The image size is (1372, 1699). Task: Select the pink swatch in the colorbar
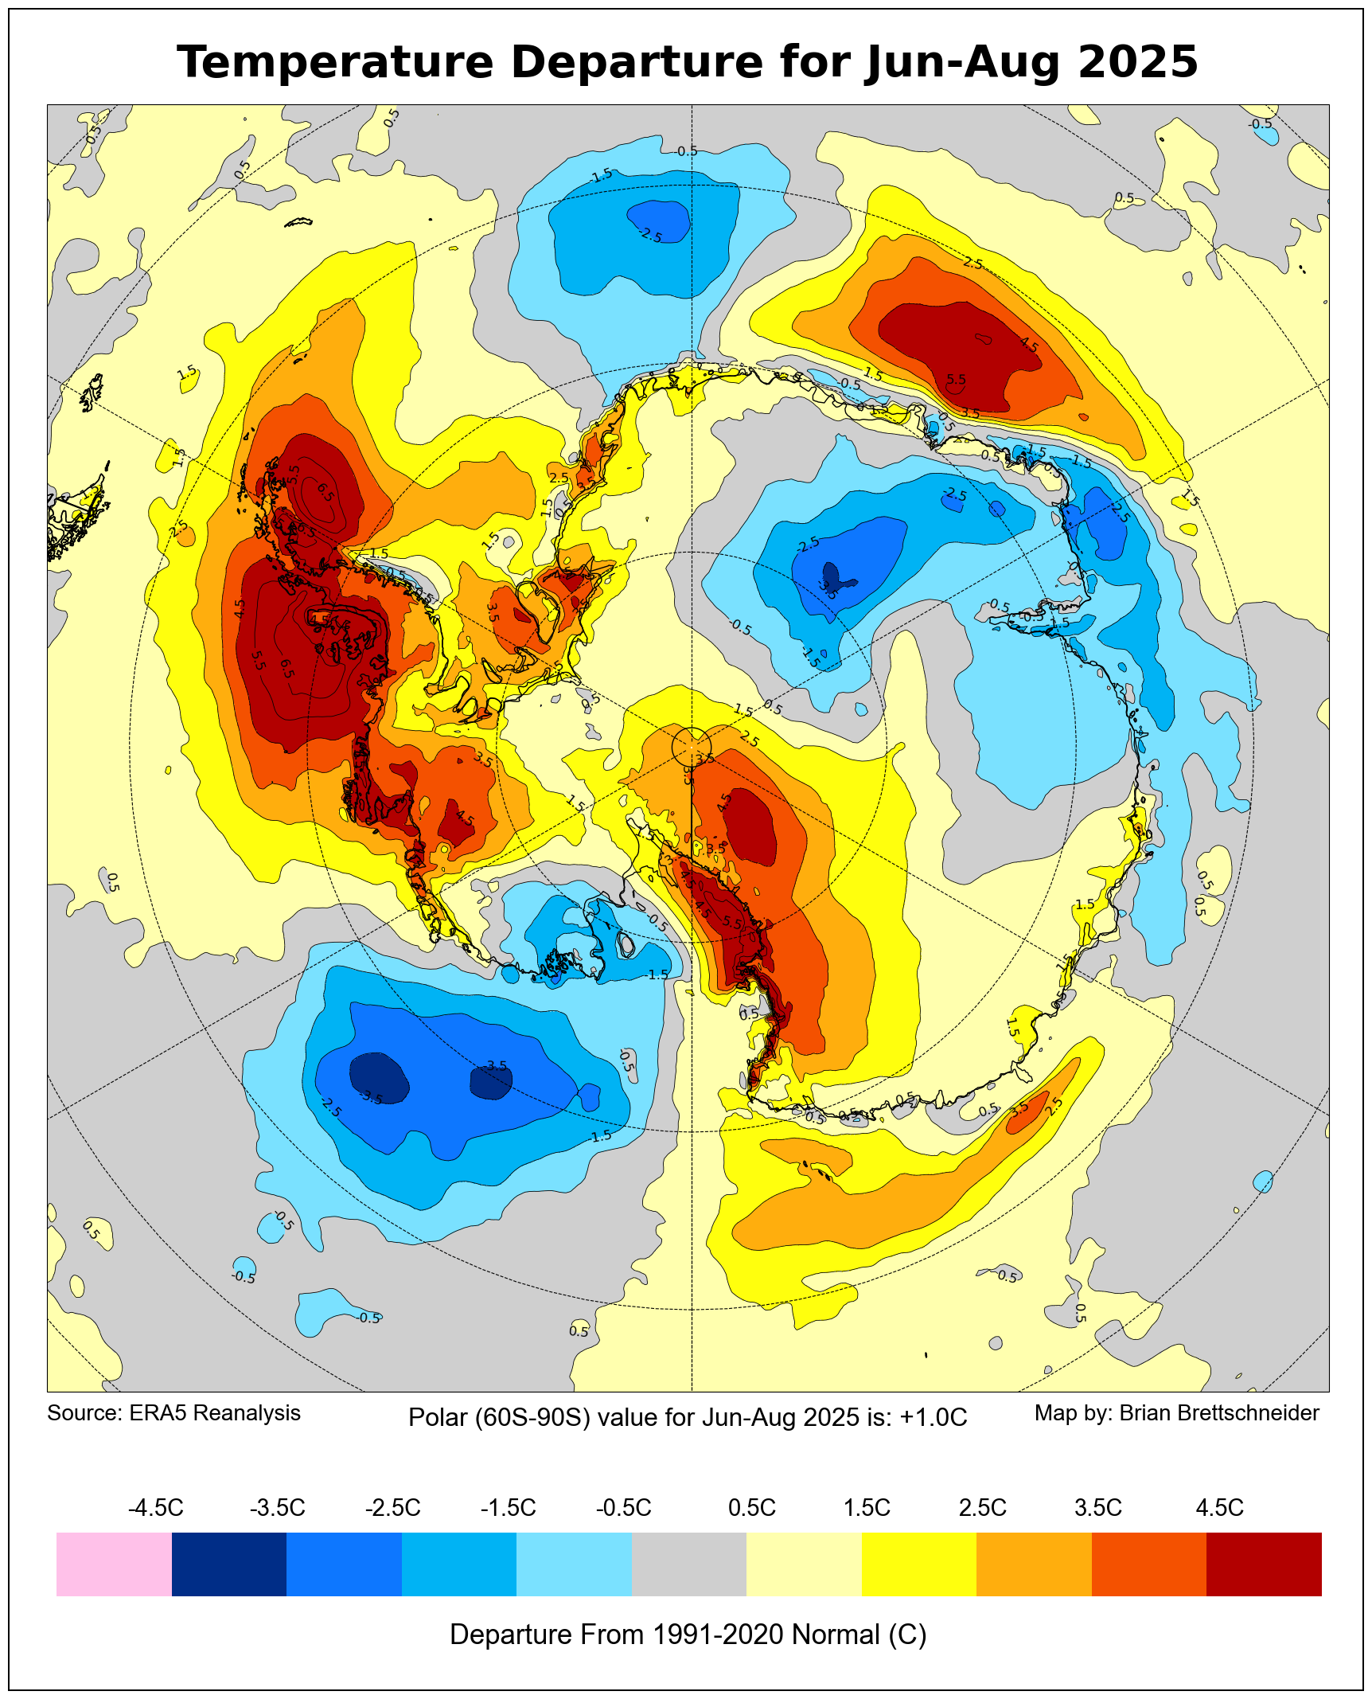tap(114, 1564)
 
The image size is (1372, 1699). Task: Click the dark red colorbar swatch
tap(1264, 1564)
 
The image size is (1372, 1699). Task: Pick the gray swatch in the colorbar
tap(689, 1564)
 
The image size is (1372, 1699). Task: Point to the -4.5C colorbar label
tap(156, 1507)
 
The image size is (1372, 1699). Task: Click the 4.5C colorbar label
tap(1219, 1507)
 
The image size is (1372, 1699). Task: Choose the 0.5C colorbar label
tap(751, 1507)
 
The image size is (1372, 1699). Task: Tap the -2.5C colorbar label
tap(393, 1507)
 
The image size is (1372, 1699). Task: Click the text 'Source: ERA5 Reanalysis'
tap(173, 1412)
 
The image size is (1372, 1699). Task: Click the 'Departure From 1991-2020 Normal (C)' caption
tap(688, 1634)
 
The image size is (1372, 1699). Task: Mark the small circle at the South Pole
tap(691, 747)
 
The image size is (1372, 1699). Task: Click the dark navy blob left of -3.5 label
tap(379, 1076)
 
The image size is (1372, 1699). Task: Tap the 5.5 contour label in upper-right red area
tap(956, 380)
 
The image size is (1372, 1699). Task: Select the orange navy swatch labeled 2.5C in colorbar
tap(1034, 1564)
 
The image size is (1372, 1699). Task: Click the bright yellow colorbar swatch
tap(919, 1564)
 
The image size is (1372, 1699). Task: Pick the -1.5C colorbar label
tap(509, 1507)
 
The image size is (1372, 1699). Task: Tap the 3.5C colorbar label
tap(1098, 1507)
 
